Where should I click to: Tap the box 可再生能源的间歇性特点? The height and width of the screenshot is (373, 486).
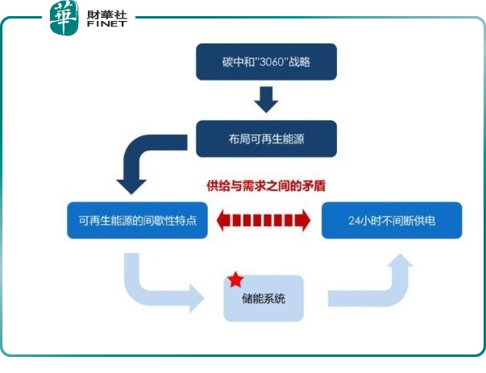pos(138,219)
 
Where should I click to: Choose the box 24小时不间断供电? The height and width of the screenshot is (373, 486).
pos(392,219)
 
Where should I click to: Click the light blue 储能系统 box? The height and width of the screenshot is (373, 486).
pos(264,298)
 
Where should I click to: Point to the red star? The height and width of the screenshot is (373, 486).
pos(235,280)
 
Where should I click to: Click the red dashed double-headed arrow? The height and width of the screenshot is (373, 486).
pos(264,220)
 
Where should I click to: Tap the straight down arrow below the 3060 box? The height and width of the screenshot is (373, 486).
pos(266,99)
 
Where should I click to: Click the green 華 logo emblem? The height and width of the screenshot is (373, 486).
pos(64,18)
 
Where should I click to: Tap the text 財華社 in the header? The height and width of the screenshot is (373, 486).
pos(106,13)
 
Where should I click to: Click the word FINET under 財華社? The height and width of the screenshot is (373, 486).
pos(106,25)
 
